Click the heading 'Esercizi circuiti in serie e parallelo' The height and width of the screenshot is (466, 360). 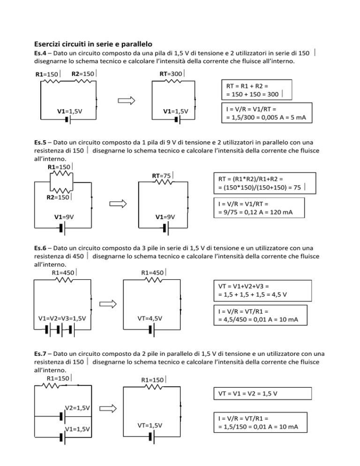[x=93, y=44]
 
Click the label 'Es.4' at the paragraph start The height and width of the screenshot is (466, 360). [x=40, y=53]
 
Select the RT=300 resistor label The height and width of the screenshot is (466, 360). [x=172, y=74]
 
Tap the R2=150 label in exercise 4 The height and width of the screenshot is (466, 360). [x=84, y=74]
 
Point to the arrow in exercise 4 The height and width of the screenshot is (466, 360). [x=127, y=100]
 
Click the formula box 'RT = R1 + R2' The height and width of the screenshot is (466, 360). [x=257, y=90]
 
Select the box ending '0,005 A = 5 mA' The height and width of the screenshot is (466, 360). [x=267, y=113]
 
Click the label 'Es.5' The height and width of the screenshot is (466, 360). [x=40, y=143]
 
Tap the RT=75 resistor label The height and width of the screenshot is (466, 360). [x=162, y=176]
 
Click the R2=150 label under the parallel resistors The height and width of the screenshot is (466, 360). [x=59, y=197]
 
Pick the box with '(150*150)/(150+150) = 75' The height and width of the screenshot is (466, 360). [x=264, y=183]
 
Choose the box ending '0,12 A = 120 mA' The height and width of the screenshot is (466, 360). [x=259, y=208]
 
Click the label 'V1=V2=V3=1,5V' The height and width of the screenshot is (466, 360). [x=62, y=319]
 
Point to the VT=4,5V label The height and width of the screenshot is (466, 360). [x=150, y=319]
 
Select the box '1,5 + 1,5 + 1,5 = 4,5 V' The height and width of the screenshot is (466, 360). [x=262, y=291]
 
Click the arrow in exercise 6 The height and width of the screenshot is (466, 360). [x=108, y=304]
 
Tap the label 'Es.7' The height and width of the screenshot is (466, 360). [x=40, y=353]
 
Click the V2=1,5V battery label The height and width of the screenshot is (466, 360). [x=77, y=408]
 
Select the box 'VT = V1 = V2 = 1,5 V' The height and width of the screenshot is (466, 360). [x=262, y=393]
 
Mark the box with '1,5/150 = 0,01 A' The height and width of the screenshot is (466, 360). [x=260, y=422]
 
